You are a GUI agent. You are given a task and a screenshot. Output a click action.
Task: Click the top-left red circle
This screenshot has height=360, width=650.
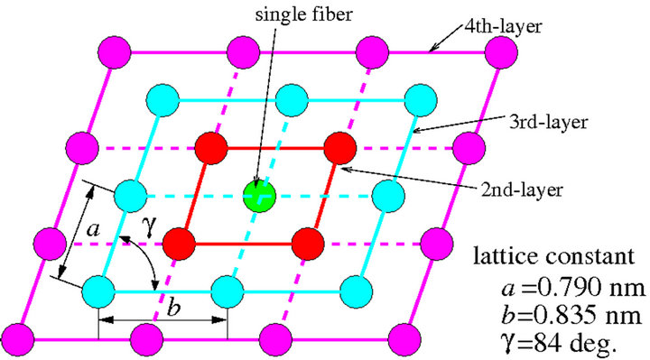click(x=210, y=148)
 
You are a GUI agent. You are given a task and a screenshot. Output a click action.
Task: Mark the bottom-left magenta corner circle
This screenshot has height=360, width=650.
click(x=20, y=338)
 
